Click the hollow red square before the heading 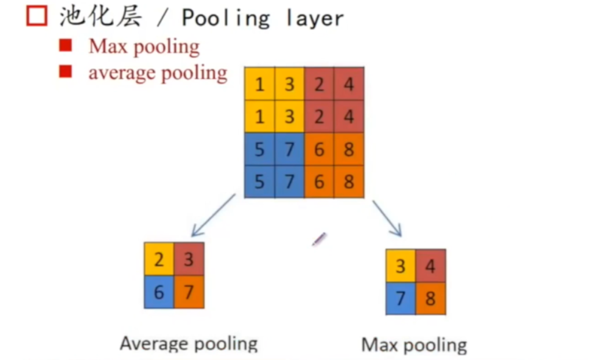click(37, 16)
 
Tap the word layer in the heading click(315, 18)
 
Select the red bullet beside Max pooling click(65, 46)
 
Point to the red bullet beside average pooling click(65, 72)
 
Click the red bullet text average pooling click(158, 73)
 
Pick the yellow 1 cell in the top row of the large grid click(259, 83)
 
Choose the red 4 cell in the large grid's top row click(349, 83)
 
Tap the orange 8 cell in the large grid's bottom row click(349, 182)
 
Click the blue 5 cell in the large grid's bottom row click(259, 182)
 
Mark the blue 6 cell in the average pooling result click(159, 292)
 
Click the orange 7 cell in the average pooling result click(189, 292)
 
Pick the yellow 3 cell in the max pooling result click(401, 266)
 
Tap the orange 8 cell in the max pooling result click(431, 298)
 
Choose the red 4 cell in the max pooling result click(431, 266)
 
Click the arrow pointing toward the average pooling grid click(213, 215)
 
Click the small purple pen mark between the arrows click(319, 239)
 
